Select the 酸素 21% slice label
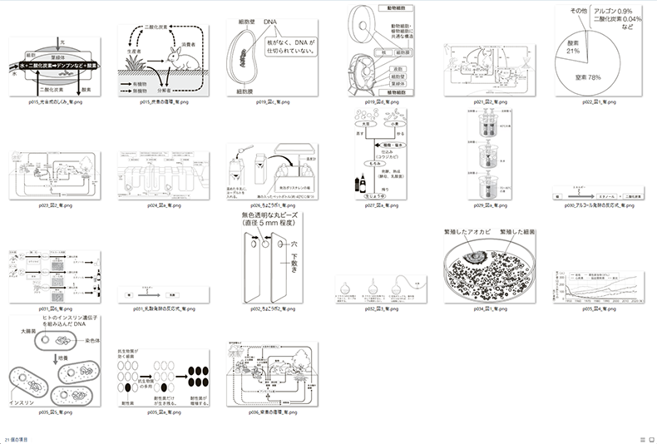click(573, 46)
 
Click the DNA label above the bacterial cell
click(271, 21)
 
